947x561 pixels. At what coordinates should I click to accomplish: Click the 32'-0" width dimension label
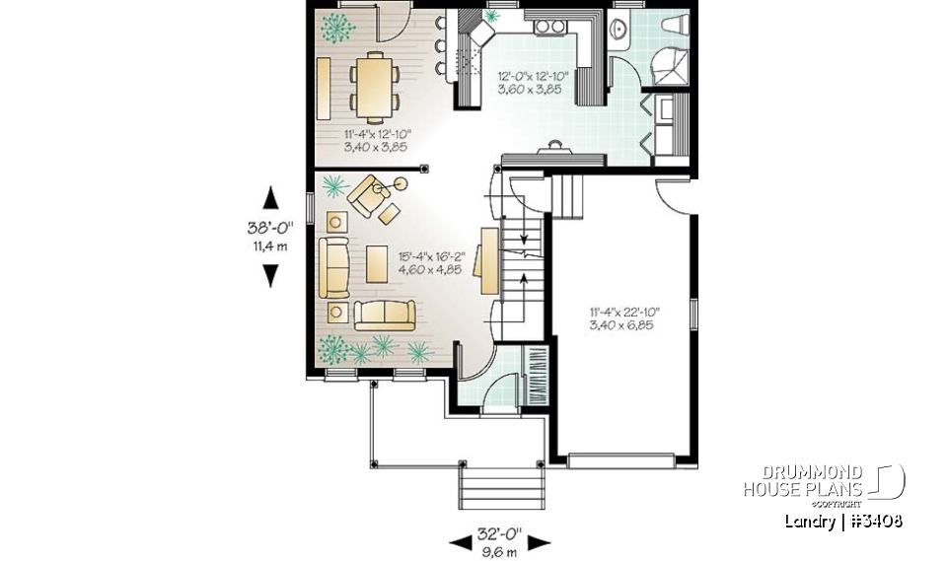pos(498,535)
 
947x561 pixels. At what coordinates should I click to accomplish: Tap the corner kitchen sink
pos(483,35)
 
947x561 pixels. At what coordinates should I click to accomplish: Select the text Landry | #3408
pos(843,521)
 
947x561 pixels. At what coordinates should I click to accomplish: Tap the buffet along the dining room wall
pos(324,87)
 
